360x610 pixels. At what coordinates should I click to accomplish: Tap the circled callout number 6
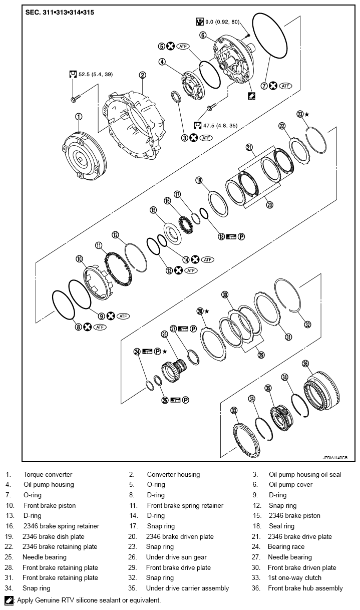[203, 35]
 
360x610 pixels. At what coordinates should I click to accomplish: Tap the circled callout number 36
[305, 364]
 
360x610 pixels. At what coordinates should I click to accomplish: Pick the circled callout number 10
[79, 259]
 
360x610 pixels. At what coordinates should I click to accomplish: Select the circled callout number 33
[234, 411]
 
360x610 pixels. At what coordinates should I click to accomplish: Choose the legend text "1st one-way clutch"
[295, 577]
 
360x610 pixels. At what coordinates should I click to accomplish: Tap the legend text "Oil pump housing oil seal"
[305, 474]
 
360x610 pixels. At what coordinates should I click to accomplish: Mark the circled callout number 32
[307, 325]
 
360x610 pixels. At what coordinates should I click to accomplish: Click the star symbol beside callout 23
[306, 114]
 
